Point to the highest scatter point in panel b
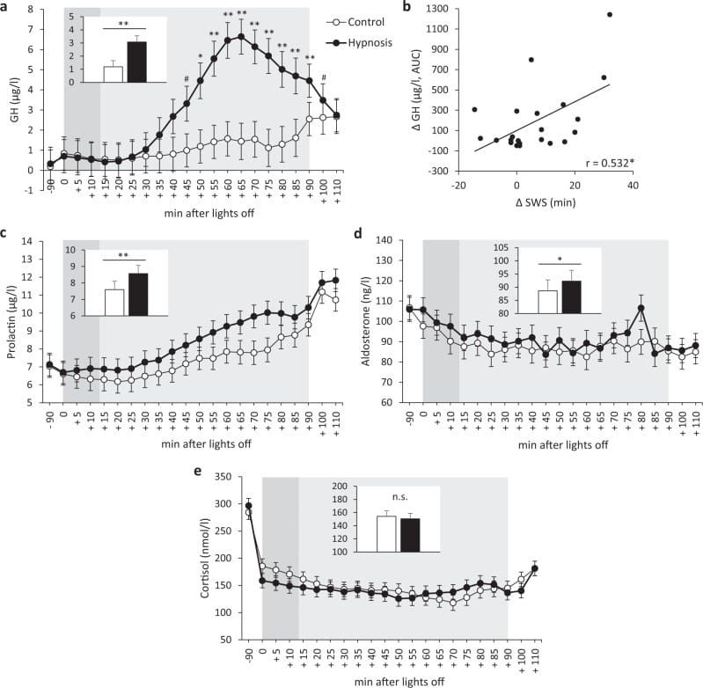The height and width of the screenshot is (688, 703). [609, 14]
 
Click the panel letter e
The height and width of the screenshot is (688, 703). [197, 472]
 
